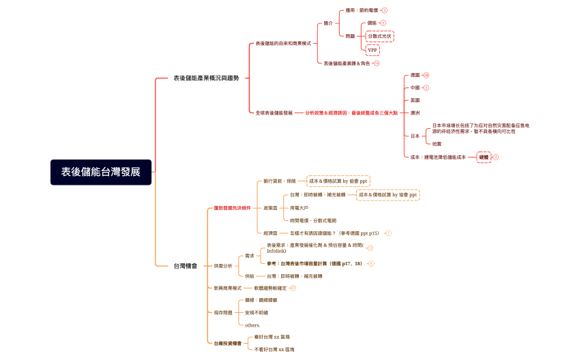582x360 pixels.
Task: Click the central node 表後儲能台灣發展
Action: tap(101, 172)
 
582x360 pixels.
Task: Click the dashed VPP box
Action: tap(372, 50)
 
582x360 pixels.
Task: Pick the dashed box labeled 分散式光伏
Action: tap(380, 35)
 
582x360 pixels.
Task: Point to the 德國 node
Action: tap(415, 75)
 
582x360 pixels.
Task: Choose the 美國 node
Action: tap(415, 100)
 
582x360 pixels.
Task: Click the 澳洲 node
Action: tap(415, 112)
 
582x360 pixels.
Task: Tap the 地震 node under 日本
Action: tap(437, 144)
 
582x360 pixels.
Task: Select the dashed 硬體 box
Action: tap(484, 157)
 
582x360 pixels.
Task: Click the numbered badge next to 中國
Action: tap(426, 88)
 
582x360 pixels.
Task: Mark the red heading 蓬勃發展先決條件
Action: tap(232, 207)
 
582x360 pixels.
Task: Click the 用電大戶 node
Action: tap(299, 207)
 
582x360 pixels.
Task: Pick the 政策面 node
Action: tap(270, 207)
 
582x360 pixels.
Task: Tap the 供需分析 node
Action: tap(222, 265)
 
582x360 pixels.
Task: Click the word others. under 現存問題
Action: tap(252, 325)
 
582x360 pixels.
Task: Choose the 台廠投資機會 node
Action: tap(227, 343)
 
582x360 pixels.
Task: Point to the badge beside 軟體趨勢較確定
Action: tap(293, 288)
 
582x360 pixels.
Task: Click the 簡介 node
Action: tap(328, 23)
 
